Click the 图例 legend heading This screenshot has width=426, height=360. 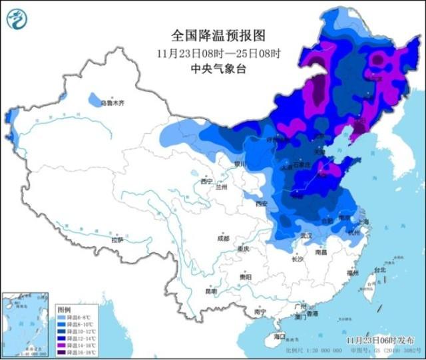pyautogui.click(x=64, y=309)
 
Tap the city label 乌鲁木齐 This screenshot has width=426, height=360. pyautogui.click(x=112, y=103)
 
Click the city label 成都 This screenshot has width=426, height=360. pyautogui.click(x=222, y=238)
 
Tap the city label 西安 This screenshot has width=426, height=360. pyautogui.click(x=260, y=203)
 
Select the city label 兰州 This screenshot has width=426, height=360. pyautogui.click(x=222, y=188)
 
